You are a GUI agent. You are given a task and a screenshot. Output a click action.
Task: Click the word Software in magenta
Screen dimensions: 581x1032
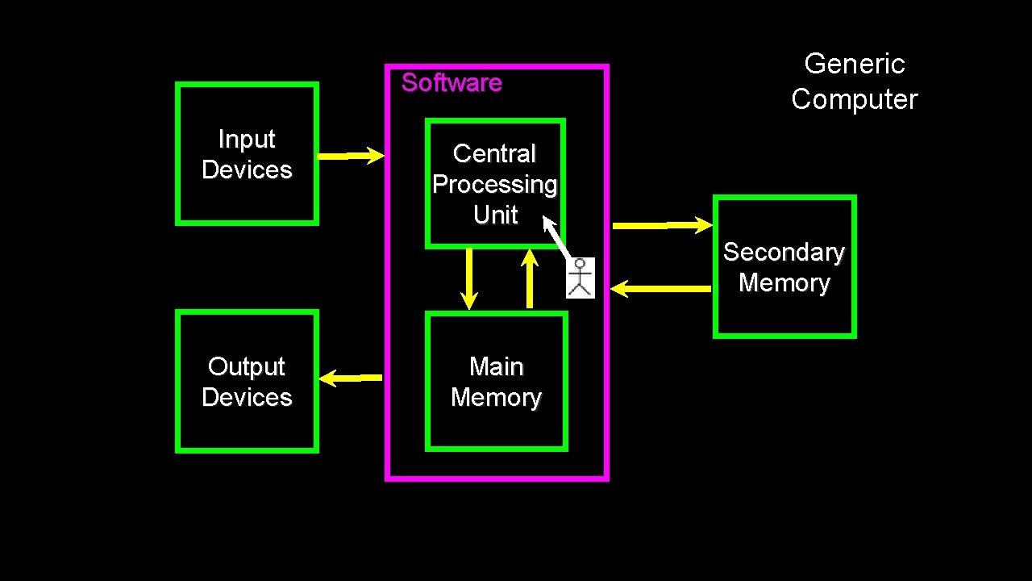(x=451, y=82)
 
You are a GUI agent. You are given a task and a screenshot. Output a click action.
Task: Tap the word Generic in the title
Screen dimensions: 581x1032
(x=855, y=64)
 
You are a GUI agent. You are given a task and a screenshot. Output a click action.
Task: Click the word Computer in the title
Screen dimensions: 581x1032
(x=855, y=99)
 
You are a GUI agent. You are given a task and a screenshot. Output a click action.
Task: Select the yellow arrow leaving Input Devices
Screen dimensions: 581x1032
(x=351, y=156)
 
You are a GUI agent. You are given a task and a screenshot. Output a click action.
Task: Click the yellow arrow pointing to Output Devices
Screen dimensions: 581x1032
(x=351, y=377)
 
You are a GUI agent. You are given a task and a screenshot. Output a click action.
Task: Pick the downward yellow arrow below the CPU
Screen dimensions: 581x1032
(x=468, y=278)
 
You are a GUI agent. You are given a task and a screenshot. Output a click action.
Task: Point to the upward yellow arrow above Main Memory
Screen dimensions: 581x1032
(x=530, y=278)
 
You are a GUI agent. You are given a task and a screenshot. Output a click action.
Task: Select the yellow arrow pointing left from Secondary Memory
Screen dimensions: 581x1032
(x=661, y=288)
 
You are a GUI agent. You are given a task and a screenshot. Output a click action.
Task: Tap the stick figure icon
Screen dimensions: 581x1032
(x=580, y=278)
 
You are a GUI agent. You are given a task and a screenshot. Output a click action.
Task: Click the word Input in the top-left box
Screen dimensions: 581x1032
(x=247, y=140)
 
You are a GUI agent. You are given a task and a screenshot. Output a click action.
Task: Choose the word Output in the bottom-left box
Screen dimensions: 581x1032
(x=247, y=367)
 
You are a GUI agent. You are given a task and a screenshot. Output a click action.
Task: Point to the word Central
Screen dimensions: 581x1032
(x=494, y=153)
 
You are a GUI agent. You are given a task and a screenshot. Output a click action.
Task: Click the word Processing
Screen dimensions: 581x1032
(x=494, y=185)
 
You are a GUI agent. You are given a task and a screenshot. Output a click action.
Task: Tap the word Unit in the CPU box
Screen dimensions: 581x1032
(x=495, y=215)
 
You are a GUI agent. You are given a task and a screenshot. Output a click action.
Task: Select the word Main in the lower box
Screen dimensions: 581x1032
(x=496, y=367)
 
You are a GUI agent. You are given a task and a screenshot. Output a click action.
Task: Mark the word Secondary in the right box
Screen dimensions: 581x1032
(x=784, y=253)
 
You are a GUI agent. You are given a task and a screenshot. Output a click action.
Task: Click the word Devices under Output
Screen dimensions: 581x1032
(x=247, y=398)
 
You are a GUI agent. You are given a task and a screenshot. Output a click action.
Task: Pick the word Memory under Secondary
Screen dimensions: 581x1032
(x=784, y=283)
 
